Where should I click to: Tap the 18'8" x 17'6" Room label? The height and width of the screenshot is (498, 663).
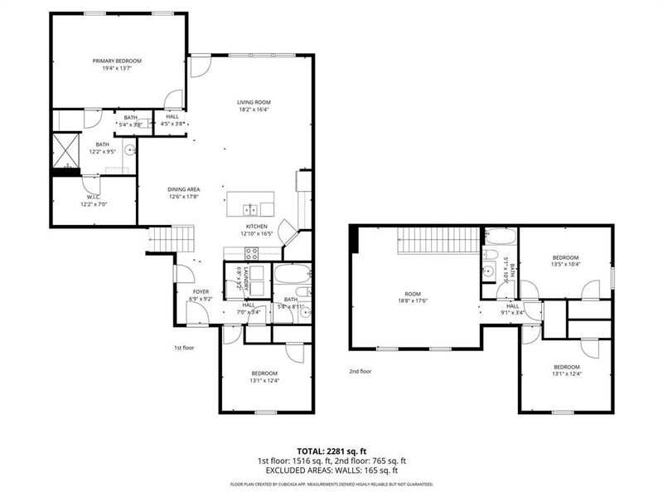pos(413,297)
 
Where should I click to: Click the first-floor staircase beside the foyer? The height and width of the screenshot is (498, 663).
pos(172,239)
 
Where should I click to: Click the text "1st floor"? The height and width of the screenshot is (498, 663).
pos(183,348)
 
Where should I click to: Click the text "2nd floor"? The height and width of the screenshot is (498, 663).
pos(361,371)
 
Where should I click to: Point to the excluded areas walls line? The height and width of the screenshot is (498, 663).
pos(331,470)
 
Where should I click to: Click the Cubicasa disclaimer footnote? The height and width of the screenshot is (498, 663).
pos(331,483)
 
